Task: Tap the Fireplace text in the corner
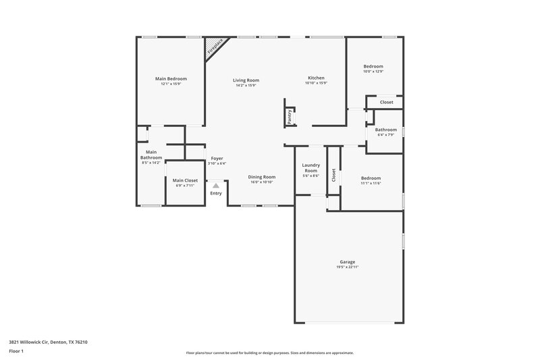215,47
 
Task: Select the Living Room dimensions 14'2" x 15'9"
247,85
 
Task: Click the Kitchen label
316,78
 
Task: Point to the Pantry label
290,116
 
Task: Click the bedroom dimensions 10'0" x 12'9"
373,72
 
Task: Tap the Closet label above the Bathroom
386,102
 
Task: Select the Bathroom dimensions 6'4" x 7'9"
386,135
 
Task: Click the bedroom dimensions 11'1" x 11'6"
371,182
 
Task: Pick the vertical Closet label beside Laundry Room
333,175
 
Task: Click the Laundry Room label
310,168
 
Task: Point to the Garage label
347,262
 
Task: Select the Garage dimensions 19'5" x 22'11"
347,267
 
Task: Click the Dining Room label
261,177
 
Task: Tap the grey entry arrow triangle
215,184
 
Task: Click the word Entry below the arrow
215,194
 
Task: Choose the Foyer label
217,158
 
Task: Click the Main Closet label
185,180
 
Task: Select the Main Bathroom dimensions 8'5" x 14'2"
151,163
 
